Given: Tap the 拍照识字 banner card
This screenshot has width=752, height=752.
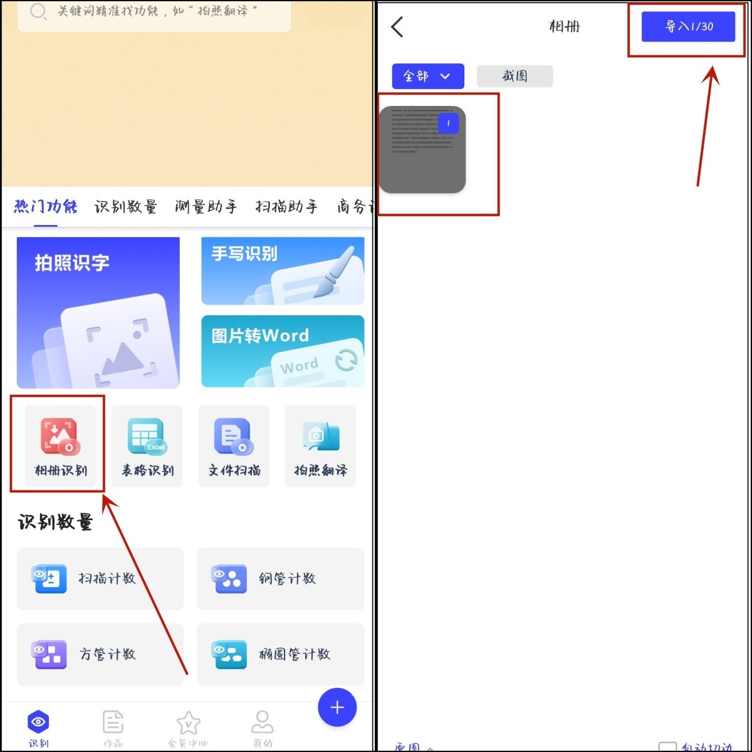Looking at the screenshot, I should coord(98,313).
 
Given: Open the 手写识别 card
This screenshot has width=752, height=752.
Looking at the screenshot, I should coord(283,271).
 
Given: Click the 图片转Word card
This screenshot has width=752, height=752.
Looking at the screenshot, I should coord(283,351).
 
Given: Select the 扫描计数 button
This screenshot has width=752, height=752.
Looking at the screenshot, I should coord(100,578).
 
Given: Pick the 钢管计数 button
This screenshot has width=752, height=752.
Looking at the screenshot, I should coord(280,578).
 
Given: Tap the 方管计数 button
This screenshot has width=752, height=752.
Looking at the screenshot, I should coord(100,654).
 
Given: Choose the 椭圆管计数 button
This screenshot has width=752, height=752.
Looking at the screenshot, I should coord(280,654).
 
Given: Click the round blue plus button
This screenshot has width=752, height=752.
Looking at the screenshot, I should coord(337,708).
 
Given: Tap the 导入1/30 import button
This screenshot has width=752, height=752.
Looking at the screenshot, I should coord(688,27).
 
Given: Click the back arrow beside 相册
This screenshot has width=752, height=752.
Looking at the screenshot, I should coord(397,27).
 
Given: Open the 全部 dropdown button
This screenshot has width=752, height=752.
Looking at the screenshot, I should coord(428,76).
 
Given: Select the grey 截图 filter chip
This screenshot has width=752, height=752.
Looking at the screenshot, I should coord(514,76).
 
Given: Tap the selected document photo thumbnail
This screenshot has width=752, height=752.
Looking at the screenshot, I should coord(423,150).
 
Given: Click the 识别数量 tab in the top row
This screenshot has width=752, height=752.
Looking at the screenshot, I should coord(126,207).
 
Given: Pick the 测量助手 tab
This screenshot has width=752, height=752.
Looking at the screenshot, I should coord(206,207).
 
